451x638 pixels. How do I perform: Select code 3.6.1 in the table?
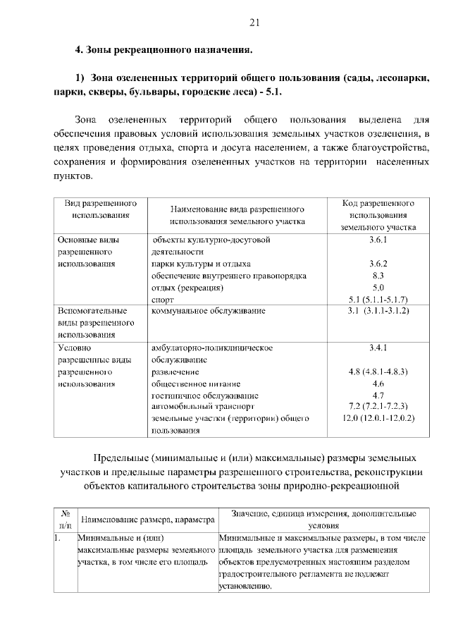click(378, 240)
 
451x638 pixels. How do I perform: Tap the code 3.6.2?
click(378, 264)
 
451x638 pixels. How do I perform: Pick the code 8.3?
click(378, 276)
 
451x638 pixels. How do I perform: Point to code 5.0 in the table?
click(378, 288)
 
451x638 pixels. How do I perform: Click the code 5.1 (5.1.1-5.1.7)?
click(378, 300)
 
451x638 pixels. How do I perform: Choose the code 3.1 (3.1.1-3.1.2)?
click(378, 311)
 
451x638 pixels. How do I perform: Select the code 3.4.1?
click(378, 348)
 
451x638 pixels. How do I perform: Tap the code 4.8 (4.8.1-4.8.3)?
click(378, 372)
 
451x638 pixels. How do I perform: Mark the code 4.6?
click(378, 384)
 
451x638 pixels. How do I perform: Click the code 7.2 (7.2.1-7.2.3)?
click(378, 407)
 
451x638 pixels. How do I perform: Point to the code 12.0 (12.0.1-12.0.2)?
click(378, 419)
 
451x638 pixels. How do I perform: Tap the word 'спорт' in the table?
click(163, 300)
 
